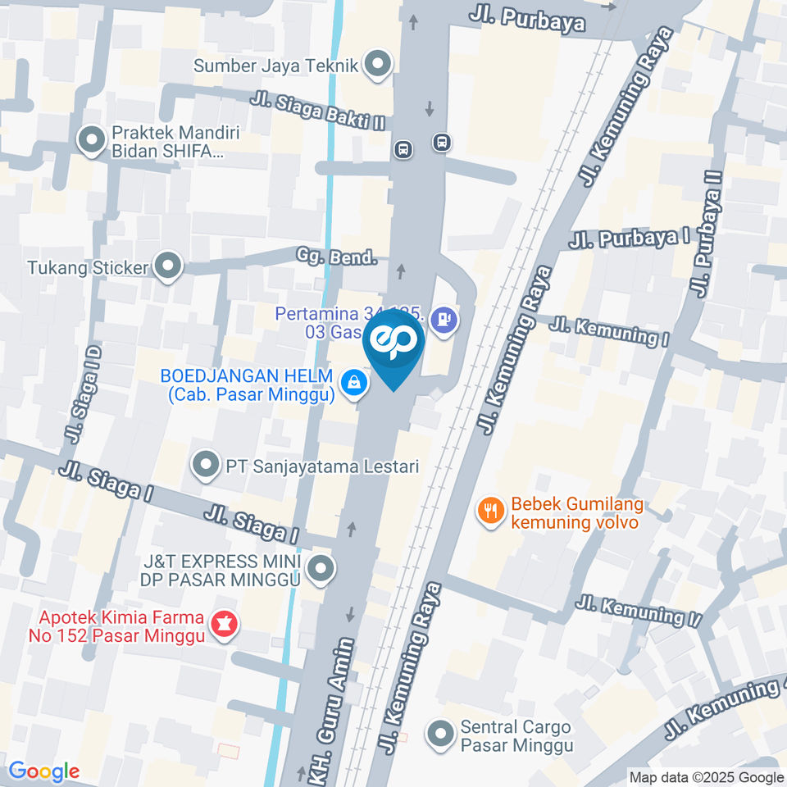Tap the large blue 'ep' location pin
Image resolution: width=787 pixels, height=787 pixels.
394,344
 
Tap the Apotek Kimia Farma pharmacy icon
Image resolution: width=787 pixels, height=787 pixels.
222,625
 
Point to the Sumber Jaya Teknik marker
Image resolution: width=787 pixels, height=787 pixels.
377,65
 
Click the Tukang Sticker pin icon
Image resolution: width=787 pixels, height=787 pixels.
169,266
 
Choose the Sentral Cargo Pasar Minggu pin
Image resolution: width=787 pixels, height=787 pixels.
442,735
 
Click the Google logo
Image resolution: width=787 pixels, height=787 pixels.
44,771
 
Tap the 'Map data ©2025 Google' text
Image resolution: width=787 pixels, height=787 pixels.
707,777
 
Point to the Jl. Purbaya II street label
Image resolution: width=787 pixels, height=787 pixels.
706,234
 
